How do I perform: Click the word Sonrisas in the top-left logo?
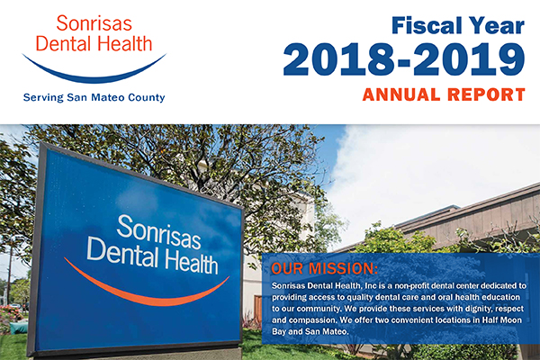click(x=94, y=23)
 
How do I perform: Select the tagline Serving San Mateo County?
click(x=94, y=97)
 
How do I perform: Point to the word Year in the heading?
click(x=497, y=25)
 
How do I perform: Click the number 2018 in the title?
click(x=338, y=59)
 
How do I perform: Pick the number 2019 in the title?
click(x=469, y=59)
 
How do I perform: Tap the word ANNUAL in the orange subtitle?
click(x=401, y=94)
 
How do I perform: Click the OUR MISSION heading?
click(x=324, y=268)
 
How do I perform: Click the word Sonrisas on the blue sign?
click(x=158, y=231)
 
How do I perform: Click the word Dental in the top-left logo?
click(x=64, y=44)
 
